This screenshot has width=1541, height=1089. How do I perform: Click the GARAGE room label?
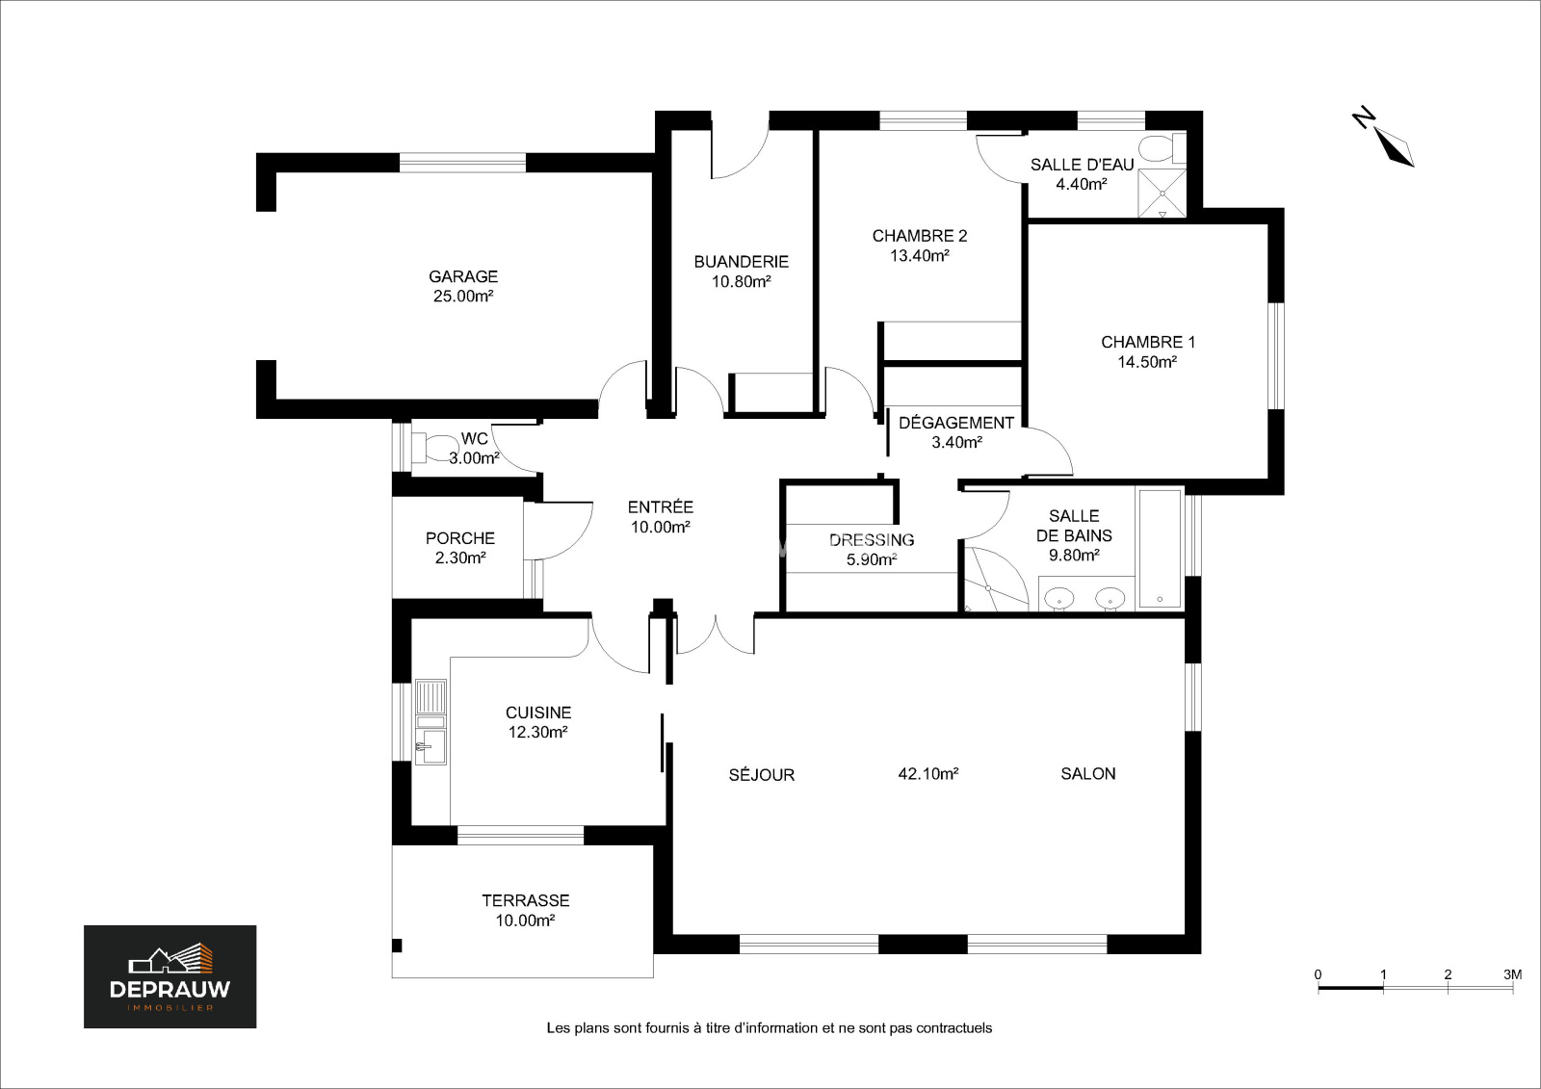point(463,276)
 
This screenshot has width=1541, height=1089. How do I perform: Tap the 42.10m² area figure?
point(928,774)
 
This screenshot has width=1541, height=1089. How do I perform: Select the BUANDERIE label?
point(741,261)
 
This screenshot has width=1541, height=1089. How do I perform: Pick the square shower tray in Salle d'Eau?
point(1162,193)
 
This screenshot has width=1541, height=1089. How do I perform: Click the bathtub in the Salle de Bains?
point(1160,548)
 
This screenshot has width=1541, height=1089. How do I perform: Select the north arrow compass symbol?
point(1384,139)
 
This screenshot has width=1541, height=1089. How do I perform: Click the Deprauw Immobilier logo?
point(170,977)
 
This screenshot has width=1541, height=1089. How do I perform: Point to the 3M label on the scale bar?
point(1512,974)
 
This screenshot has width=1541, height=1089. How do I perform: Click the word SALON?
point(1088,774)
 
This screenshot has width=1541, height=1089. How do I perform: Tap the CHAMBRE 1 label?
point(1147,342)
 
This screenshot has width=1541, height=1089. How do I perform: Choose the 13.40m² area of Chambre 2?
point(920,256)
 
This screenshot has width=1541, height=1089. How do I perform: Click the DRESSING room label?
point(872,540)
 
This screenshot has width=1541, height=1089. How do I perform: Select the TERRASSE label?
point(526,900)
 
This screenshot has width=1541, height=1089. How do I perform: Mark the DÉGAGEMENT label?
point(956,423)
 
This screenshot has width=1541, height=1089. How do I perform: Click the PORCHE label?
point(460,538)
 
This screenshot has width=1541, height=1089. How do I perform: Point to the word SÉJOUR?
point(762,774)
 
